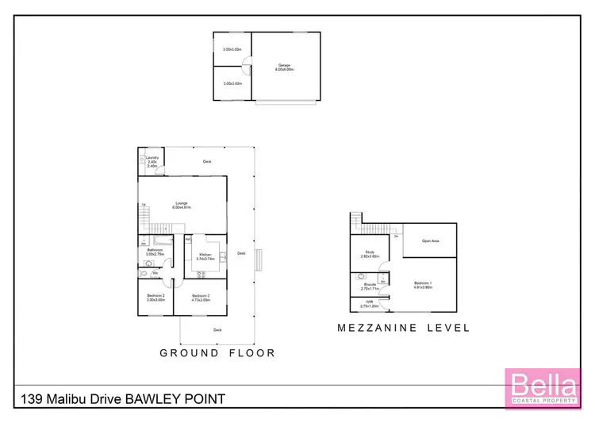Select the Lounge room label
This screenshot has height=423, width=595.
[183, 204]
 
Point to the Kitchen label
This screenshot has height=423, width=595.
[205, 256]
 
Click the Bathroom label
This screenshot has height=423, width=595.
[155, 251]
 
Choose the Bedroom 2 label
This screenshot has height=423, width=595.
[155, 298]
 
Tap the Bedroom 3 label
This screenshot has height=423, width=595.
[199, 298]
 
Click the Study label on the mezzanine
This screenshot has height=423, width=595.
[370, 254]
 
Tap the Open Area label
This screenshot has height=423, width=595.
[431, 240]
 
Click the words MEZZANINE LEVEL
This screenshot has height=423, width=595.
[403, 328]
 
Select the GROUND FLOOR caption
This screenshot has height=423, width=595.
[217, 353]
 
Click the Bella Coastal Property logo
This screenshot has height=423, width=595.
[541, 389]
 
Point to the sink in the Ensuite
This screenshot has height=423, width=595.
[359, 278]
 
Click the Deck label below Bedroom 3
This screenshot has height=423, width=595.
[217, 329]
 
